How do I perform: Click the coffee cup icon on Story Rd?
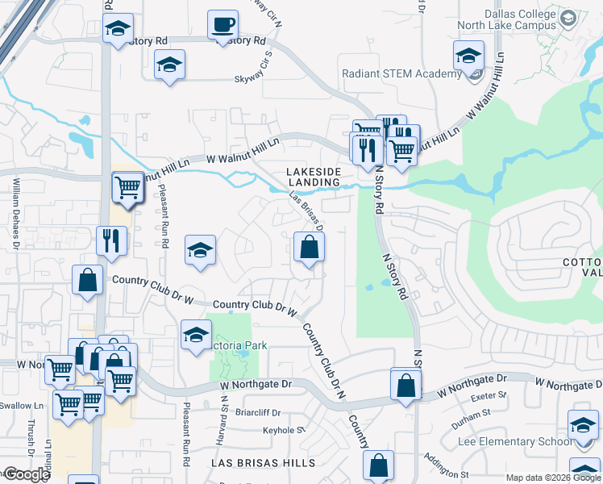point(222,25)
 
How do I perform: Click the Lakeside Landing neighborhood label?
point(314,177)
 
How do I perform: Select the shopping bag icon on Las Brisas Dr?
point(309,247)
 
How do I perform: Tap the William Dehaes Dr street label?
point(15,213)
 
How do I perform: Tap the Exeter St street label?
point(490,396)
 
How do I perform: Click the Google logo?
point(27,474)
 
